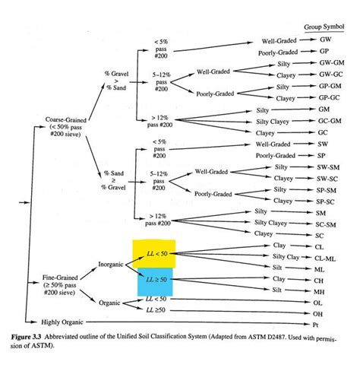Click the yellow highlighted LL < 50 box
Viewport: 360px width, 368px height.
click(154, 253)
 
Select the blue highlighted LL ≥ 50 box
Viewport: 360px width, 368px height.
click(154, 281)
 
